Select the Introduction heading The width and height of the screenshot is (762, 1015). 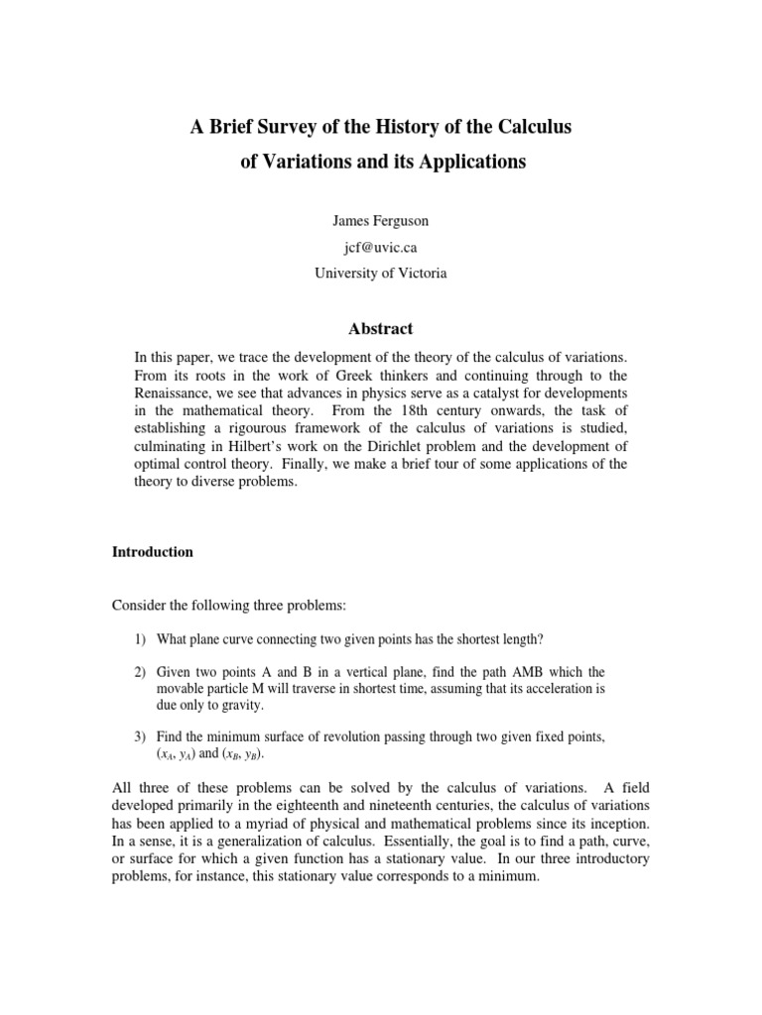[153, 552]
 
